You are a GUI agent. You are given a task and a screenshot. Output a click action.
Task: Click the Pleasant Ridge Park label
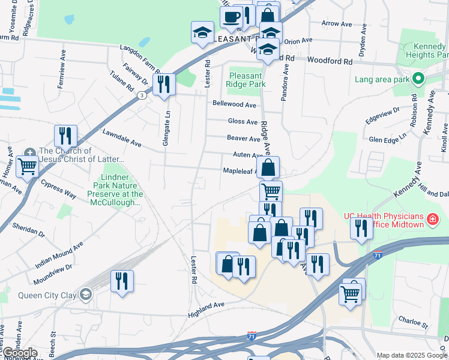click(x=246, y=80)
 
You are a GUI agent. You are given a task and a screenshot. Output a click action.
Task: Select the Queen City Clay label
click(x=43, y=294)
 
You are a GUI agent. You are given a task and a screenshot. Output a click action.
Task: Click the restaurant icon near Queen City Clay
click(x=122, y=281)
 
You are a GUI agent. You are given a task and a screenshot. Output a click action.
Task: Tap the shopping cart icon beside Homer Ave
click(x=27, y=166)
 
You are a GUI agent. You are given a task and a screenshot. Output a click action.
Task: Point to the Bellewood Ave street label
click(x=234, y=104)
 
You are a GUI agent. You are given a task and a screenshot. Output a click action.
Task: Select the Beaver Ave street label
click(x=243, y=139)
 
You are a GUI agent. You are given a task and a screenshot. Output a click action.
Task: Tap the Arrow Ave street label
click(x=336, y=24)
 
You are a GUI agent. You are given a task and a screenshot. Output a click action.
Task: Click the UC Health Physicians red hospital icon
click(x=431, y=220)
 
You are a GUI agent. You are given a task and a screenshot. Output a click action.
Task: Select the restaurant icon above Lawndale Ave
click(x=65, y=136)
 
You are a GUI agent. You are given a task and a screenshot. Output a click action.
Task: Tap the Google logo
click(x=20, y=353)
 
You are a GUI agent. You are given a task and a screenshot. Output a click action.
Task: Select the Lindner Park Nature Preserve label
click(x=115, y=190)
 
